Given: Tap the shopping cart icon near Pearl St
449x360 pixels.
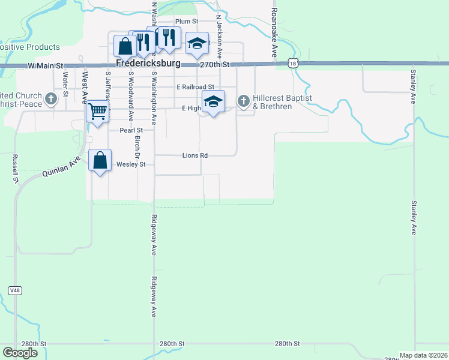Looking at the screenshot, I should coord(98,111).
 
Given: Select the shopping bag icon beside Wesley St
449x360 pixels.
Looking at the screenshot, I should coord(100,161).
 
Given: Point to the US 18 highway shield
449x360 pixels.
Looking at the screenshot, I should coord(292,63).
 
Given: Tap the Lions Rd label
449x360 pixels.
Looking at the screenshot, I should coord(195,155).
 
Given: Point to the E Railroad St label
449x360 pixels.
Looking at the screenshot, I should coord(195,87).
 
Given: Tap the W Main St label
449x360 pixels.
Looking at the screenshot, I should coord(45,65).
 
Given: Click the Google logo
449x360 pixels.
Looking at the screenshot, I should coord(20,353).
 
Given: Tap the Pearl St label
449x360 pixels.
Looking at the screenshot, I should coord(131,130).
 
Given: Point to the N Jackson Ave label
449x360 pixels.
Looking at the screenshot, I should coord(220,33).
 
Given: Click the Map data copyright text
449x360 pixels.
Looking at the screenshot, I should coord(424,355).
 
